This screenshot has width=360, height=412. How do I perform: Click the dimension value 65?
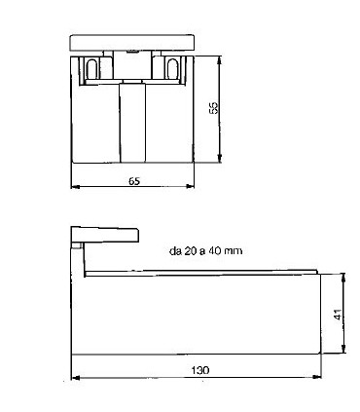tap(134, 181)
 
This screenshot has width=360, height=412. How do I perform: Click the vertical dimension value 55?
tap(213, 108)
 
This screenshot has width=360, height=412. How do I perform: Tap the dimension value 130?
tap(200, 370)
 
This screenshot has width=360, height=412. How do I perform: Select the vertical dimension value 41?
tap(338, 315)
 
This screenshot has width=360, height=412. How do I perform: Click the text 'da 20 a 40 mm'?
tap(205, 251)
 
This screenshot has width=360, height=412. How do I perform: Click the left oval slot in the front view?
tap(91, 68)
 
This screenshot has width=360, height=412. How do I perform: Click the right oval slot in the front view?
tap(172, 68)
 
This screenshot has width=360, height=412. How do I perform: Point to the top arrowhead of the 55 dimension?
tap(220, 58)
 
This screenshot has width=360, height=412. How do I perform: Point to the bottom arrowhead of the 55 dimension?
tap(220, 159)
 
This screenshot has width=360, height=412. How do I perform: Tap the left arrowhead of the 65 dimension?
tap(75, 186)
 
